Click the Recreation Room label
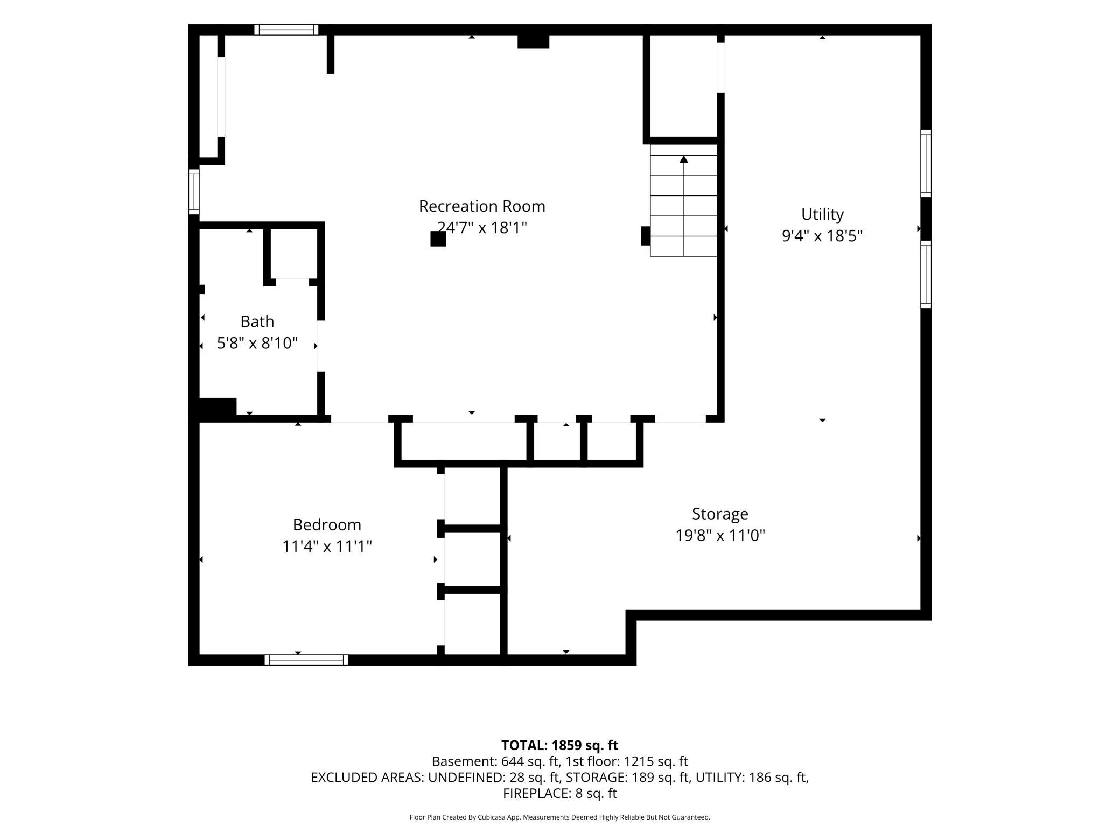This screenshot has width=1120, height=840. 482,206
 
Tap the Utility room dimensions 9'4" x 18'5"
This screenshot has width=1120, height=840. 822,236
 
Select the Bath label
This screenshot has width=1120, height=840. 257,321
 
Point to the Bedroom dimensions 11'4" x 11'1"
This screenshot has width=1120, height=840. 327,547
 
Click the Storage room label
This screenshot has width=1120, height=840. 720,514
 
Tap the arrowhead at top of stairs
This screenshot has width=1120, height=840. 684,159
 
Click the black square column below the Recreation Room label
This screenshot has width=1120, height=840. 438,239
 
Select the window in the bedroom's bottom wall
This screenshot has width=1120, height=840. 306,660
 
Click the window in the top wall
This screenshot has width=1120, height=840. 286,30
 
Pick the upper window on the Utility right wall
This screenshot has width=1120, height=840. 926,163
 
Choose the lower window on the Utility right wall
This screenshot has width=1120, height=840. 926,274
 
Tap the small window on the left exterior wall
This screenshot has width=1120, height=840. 194,192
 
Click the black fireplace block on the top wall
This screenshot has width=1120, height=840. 533,41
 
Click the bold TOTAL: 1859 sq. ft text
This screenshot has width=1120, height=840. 560,745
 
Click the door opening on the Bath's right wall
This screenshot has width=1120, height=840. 321,346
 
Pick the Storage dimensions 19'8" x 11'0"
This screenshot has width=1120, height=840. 720,536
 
